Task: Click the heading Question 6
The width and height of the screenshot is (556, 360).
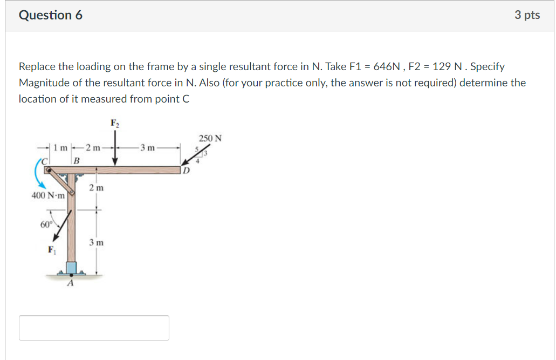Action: (x=51, y=15)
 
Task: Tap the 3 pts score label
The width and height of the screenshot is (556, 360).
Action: (x=527, y=15)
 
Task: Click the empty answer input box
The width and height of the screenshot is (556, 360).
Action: (x=94, y=328)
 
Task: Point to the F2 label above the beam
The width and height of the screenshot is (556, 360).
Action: (x=115, y=123)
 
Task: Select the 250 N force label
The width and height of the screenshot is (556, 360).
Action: (x=210, y=138)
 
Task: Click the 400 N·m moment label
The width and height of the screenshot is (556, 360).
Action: (x=49, y=195)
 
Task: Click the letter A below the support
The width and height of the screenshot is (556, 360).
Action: (x=70, y=285)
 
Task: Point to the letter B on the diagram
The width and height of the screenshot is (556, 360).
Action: (x=77, y=160)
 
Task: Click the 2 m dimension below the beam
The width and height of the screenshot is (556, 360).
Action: (x=97, y=188)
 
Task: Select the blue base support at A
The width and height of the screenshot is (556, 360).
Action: (x=71, y=268)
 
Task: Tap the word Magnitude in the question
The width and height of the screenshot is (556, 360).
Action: (x=42, y=83)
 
